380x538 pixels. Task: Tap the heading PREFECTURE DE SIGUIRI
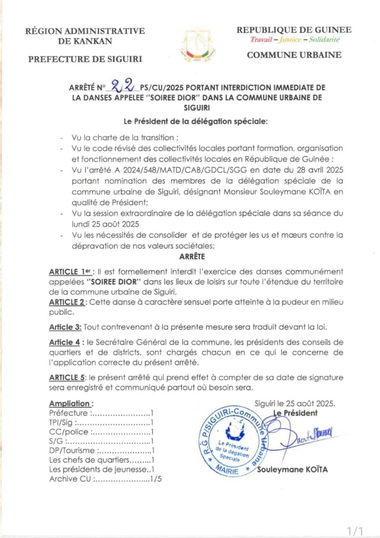pyautogui.click(x=85, y=59)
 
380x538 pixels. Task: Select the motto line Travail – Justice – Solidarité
pyautogui.click(x=294, y=39)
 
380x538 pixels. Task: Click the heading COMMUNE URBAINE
pyautogui.click(x=294, y=55)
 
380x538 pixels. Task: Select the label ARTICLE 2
pyautogui.click(x=68, y=302)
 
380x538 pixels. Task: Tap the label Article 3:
pyautogui.click(x=65, y=327)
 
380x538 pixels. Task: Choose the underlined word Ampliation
pyautogui.click(x=70, y=403)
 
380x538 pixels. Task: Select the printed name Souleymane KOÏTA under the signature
pyautogui.click(x=292, y=469)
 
